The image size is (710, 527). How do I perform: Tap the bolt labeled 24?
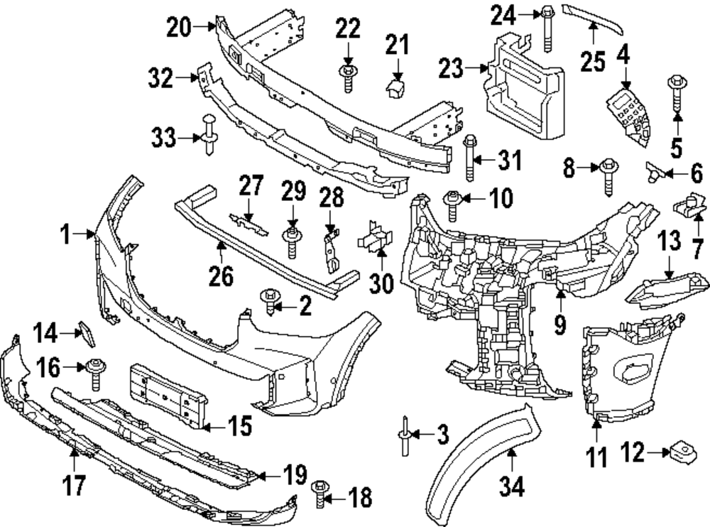[547, 28]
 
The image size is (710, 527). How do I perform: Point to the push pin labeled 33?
[210, 135]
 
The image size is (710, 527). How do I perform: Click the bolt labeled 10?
[452, 202]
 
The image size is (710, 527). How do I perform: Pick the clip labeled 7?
[688, 206]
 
